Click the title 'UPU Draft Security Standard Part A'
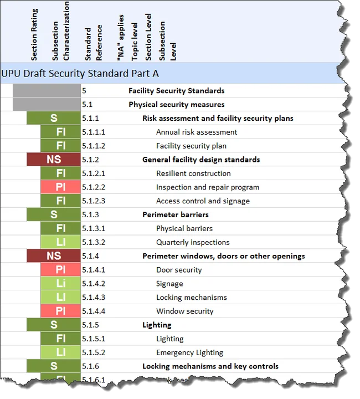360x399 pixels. (x=80, y=73)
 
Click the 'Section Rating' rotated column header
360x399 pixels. (x=34, y=34)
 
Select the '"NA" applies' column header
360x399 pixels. (x=121, y=39)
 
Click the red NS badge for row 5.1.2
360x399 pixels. (x=54, y=160)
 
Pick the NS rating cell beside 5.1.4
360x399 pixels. (x=54, y=256)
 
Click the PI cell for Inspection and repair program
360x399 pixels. (x=61, y=187)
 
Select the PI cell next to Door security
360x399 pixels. (x=61, y=270)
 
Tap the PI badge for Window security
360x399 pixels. (x=61, y=311)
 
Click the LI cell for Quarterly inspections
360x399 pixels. (x=61, y=242)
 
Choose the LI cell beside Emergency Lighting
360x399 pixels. (x=61, y=352)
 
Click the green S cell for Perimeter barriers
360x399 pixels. (x=54, y=214)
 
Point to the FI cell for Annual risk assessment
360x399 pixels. (x=61, y=132)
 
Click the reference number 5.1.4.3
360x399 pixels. (x=94, y=298)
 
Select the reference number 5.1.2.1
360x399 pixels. (x=94, y=173)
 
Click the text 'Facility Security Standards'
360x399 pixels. (x=177, y=91)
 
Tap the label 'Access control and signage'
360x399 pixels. (x=203, y=201)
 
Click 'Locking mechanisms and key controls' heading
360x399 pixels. (x=210, y=366)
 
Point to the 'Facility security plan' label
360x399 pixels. (x=191, y=146)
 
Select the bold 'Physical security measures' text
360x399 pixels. (x=177, y=105)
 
